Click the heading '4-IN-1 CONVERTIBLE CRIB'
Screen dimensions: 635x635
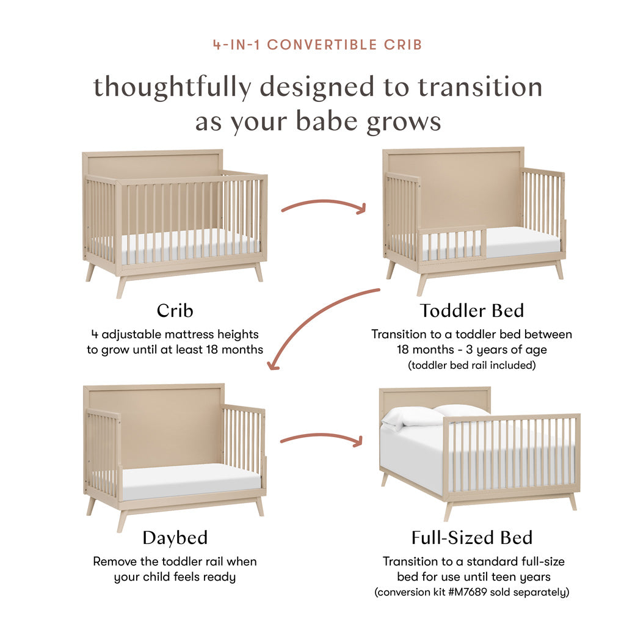317,45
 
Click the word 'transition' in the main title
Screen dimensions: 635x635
480,87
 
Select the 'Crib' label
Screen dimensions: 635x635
175,310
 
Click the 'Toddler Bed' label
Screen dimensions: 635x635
471,310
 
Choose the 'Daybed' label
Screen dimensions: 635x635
175,537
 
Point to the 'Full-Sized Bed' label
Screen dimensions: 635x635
471,537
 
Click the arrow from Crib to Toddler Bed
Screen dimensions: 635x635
324,206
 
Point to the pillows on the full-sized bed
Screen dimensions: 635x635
434,415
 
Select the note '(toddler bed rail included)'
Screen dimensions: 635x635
471,365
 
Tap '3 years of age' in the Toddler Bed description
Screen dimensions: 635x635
507,350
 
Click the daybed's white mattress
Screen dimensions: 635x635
189,479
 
